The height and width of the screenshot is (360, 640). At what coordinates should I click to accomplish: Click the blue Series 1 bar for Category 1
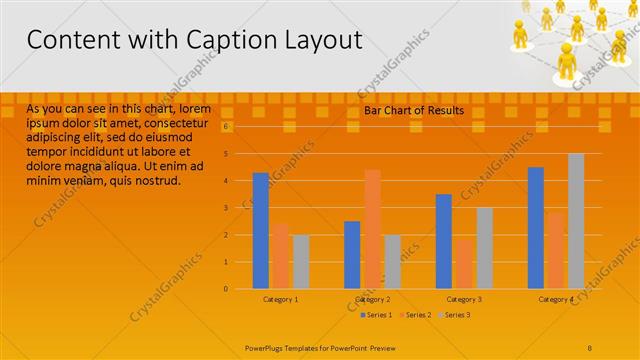[260, 231]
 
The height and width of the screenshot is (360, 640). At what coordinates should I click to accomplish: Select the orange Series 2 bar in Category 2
[372, 229]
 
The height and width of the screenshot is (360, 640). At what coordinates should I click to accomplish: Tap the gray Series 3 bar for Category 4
[576, 221]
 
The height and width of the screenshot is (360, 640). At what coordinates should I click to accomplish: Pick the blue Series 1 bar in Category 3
[444, 241]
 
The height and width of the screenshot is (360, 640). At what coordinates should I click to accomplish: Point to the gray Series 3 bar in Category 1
[300, 262]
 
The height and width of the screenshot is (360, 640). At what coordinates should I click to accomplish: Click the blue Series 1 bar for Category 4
[536, 228]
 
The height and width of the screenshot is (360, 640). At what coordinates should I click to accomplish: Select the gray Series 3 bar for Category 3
[484, 248]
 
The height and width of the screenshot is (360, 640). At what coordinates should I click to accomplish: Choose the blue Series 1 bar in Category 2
[352, 255]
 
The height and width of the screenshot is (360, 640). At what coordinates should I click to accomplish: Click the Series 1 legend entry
[376, 315]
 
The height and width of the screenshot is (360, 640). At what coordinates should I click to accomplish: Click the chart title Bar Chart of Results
[413, 111]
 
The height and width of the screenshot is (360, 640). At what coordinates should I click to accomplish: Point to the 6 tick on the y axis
[226, 127]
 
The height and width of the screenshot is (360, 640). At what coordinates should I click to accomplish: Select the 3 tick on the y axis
[226, 208]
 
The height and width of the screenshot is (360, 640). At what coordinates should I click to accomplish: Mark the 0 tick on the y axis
[226, 289]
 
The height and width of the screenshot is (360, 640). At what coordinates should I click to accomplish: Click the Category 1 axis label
[280, 299]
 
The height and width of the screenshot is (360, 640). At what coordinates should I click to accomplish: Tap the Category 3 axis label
[464, 299]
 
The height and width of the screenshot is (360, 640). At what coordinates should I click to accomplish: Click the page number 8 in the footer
[590, 347]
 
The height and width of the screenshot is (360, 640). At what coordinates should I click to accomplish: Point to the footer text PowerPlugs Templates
[289, 347]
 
